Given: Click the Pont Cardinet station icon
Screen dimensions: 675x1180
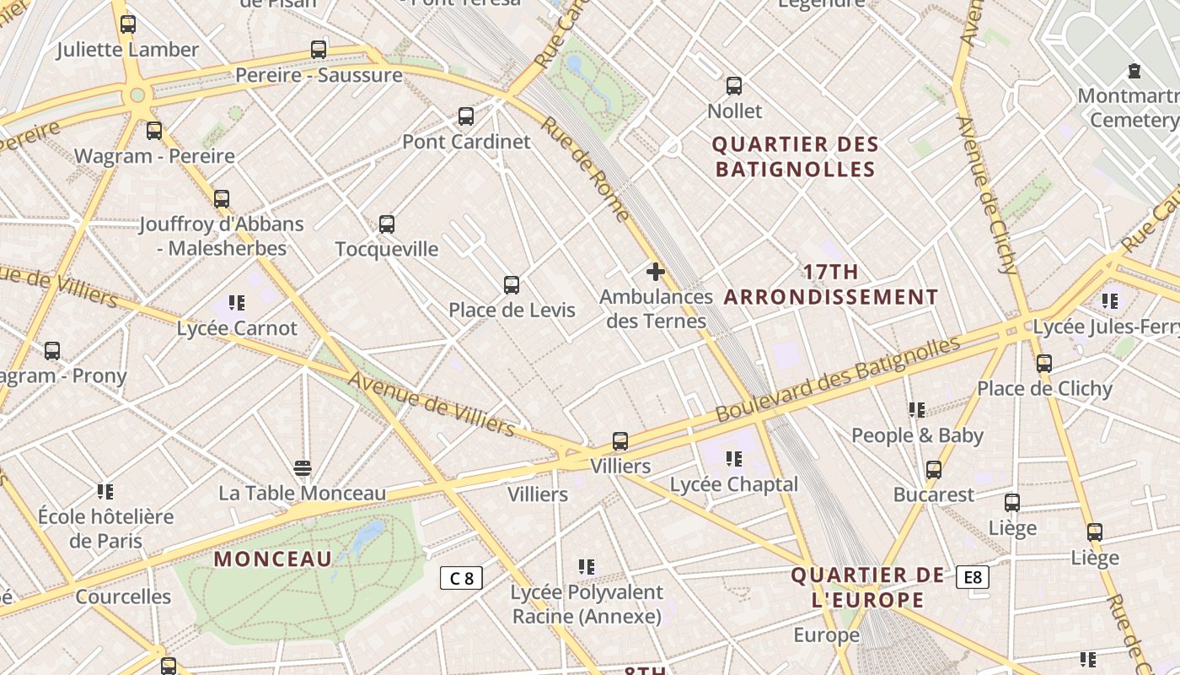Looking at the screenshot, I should click(x=465, y=116).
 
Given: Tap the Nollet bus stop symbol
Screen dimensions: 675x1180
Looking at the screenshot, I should click(x=734, y=86).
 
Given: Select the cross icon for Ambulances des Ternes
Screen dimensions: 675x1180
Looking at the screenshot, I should click(x=656, y=272).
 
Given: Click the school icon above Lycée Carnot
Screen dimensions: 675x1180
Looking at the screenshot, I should click(x=237, y=302).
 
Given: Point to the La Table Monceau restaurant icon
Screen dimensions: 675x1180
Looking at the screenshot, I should click(x=303, y=468).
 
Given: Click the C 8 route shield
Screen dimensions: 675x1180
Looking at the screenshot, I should click(x=462, y=578).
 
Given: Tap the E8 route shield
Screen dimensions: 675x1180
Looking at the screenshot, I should click(x=973, y=577).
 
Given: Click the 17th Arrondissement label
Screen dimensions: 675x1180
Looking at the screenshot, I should click(x=831, y=284).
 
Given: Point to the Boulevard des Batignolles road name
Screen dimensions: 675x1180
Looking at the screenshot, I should click(x=838, y=380).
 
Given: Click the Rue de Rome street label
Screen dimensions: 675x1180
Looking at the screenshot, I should click(x=585, y=169).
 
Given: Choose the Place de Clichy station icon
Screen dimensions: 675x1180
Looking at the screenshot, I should click(x=1044, y=364).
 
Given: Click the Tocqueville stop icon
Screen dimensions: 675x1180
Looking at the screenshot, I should click(x=387, y=224).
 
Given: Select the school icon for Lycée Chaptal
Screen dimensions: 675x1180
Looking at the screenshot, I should click(x=734, y=459).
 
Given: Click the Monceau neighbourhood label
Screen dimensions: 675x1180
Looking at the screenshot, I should click(x=273, y=559).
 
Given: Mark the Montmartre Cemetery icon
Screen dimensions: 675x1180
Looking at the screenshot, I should click(x=1134, y=71).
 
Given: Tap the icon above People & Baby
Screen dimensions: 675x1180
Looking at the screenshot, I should click(x=917, y=410).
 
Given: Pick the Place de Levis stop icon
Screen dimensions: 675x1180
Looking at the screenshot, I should click(x=512, y=285).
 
